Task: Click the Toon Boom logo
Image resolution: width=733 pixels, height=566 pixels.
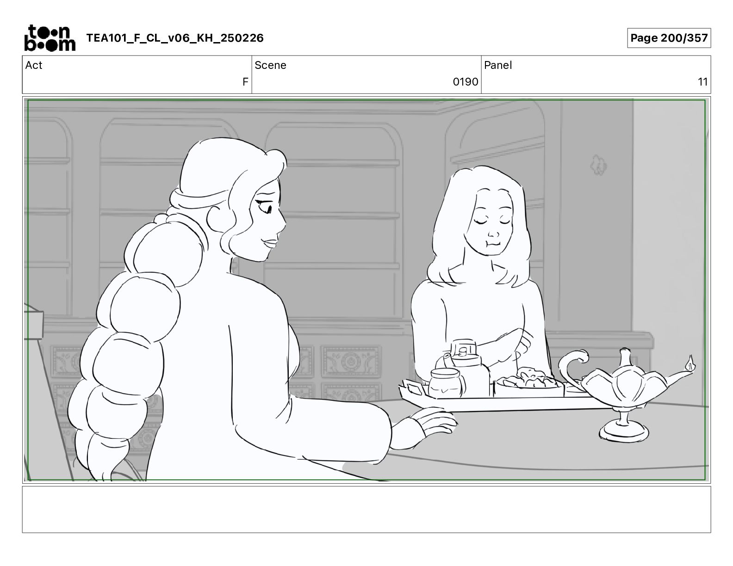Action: tap(50, 38)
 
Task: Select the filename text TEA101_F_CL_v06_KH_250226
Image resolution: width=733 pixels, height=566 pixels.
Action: tap(175, 38)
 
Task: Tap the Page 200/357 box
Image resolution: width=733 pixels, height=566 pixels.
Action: tap(669, 38)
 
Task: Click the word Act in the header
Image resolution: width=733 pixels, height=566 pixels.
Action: tap(34, 65)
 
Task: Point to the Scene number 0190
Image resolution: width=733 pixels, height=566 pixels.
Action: tap(465, 81)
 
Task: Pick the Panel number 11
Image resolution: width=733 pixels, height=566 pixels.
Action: tap(702, 81)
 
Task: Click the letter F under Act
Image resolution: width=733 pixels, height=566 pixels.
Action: tap(245, 81)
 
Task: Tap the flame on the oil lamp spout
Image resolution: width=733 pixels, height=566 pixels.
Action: tap(690, 363)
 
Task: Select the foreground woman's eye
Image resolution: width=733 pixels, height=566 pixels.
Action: tap(264, 206)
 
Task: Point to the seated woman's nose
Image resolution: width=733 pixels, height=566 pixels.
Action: tap(493, 233)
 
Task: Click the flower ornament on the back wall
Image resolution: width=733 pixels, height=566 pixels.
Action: tap(598, 165)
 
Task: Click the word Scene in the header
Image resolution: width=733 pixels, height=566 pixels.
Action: tap(270, 65)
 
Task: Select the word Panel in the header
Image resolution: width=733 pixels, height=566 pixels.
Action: tap(498, 65)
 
